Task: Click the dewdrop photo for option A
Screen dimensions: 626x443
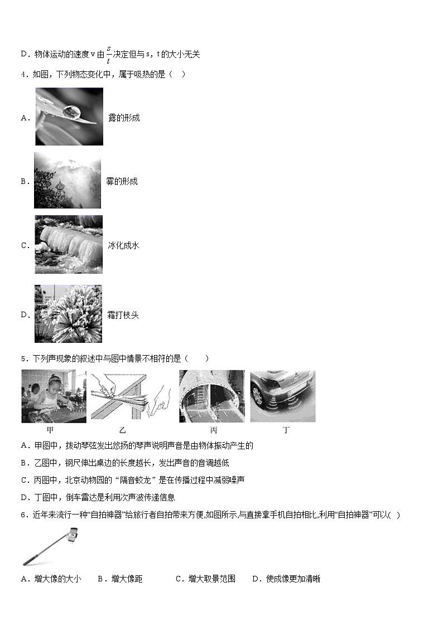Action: pos(69,117)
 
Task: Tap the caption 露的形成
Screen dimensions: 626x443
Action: pos(124,118)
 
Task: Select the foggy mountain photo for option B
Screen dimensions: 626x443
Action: pos(68,181)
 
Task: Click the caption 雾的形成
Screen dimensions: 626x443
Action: pos(122,181)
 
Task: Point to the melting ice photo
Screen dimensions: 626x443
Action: pos(69,244)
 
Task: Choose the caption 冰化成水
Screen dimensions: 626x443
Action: pos(123,245)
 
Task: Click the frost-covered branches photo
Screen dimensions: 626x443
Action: pos(69,314)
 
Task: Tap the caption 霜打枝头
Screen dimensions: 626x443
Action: pos(123,315)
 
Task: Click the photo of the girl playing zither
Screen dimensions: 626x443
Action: pos(54,396)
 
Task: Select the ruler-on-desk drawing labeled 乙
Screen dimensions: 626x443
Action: pos(132,396)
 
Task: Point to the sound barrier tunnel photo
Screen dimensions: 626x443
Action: pos(211,396)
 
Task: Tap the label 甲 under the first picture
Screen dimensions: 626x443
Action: pos(50,430)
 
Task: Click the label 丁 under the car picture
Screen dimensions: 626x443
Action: pos(286,430)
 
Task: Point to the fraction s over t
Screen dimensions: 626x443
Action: pos(108,54)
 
